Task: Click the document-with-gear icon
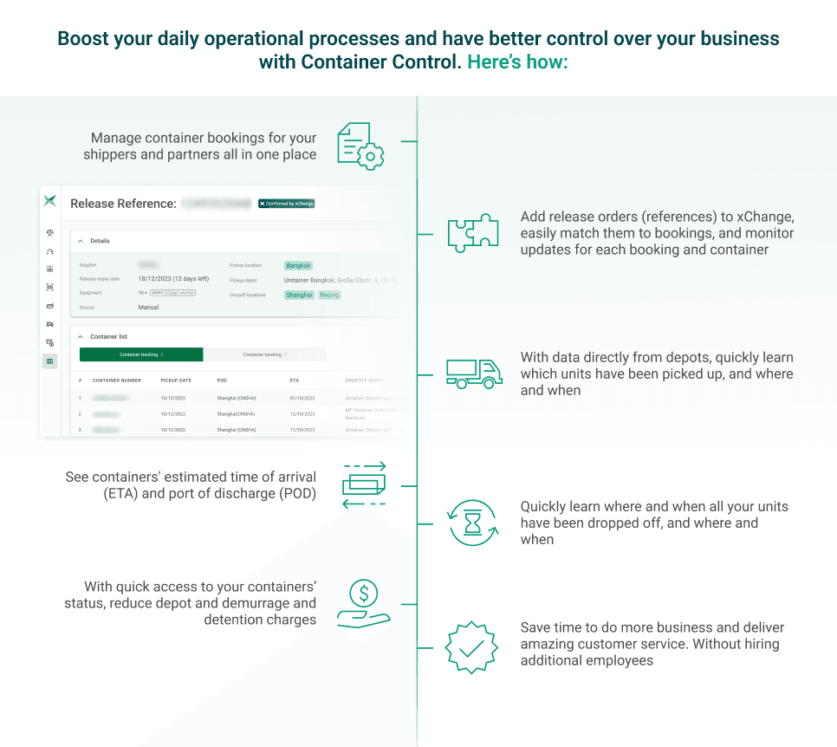pyautogui.click(x=360, y=146)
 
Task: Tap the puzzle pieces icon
pyautogui.click(x=472, y=233)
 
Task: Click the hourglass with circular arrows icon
pyautogui.click(x=472, y=523)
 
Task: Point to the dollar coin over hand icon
pyautogui.click(x=364, y=603)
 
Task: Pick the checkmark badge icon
pyautogui.click(x=470, y=646)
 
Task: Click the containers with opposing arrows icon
pyautogui.click(x=364, y=485)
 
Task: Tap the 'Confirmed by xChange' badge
pyautogui.click(x=286, y=204)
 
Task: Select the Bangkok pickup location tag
pyautogui.click(x=298, y=266)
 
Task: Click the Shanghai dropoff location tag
pyautogui.click(x=299, y=296)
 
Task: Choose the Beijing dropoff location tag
pyautogui.click(x=329, y=296)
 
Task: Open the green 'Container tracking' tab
pyautogui.click(x=141, y=354)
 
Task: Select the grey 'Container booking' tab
pyautogui.click(x=264, y=354)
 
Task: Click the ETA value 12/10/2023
pyautogui.click(x=304, y=414)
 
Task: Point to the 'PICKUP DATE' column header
pyautogui.click(x=176, y=380)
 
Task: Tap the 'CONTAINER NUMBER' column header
pyautogui.click(x=116, y=380)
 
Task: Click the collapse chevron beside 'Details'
pyautogui.click(x=81, y=241)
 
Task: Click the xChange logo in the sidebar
pyautogui.click(x=50, y=201)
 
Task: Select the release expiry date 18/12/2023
pyautogui.click(x=173, y=279)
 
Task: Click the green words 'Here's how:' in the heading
pyautogui.click(x=517, y=62)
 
